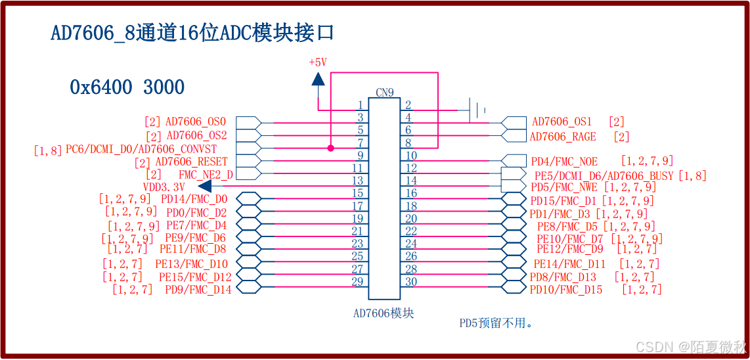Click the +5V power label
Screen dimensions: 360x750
[x=318, y=62]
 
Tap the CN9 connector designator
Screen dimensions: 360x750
[x=385, y=93]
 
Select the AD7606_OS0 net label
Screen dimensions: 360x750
[x=195, y=122]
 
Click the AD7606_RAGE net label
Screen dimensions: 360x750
[x=563, y=137]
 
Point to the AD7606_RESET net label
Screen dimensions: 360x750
[x=191, y=162]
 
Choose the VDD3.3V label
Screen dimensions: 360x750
[x=164, y=187]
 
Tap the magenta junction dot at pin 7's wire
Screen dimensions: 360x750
[x=330, y=148]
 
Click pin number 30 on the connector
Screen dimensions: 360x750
[x=411, y=282]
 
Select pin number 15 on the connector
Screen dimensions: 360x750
[x=357, y=193]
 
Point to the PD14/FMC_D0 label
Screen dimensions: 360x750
[x=194, y=199]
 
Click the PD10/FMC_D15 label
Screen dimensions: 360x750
[x=566, y=289]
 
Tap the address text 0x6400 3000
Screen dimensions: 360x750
[x=127, y=87]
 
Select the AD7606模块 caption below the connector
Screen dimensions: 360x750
[x=384, y=313]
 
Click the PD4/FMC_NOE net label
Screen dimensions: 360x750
[x=564, y=161]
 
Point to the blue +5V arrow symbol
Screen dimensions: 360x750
[x=318, y=79]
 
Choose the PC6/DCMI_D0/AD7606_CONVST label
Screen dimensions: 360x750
[x=141, y=149]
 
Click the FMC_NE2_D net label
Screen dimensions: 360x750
[x=206, y=174]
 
